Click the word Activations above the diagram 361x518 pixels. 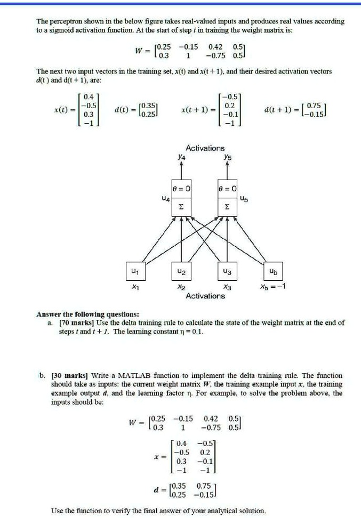pyautogui.click(x=205, y=148)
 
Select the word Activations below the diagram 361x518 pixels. pyautogui.click(x=205, y=295)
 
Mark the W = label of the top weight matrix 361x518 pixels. pyautogui.click(x=140, y=51)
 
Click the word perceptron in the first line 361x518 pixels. pyautogui.click(x=67, y=21)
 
